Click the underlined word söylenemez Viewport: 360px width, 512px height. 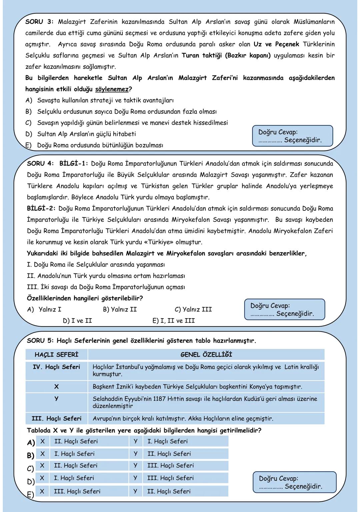pos(112,89)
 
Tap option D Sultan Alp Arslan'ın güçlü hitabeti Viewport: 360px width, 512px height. pos(86,134)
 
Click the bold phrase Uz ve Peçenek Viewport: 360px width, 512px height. pos(276,44)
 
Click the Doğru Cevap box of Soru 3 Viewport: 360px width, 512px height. pos(293,136)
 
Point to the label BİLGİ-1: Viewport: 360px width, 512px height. pos(74,164)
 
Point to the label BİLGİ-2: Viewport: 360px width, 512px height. pos(41,208)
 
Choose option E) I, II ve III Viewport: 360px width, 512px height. pos(173,321)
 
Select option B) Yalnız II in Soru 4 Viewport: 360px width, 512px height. pos(120,309)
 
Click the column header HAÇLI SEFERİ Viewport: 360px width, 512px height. pos(56,355)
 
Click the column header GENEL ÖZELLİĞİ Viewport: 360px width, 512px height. pos(206,355)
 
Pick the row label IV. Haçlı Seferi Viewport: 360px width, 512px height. pos(56,367)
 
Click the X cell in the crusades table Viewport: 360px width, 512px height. pos(56,387)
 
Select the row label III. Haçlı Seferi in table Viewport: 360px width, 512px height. pos(56,418)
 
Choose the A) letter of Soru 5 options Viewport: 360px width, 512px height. pos(31,443)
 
